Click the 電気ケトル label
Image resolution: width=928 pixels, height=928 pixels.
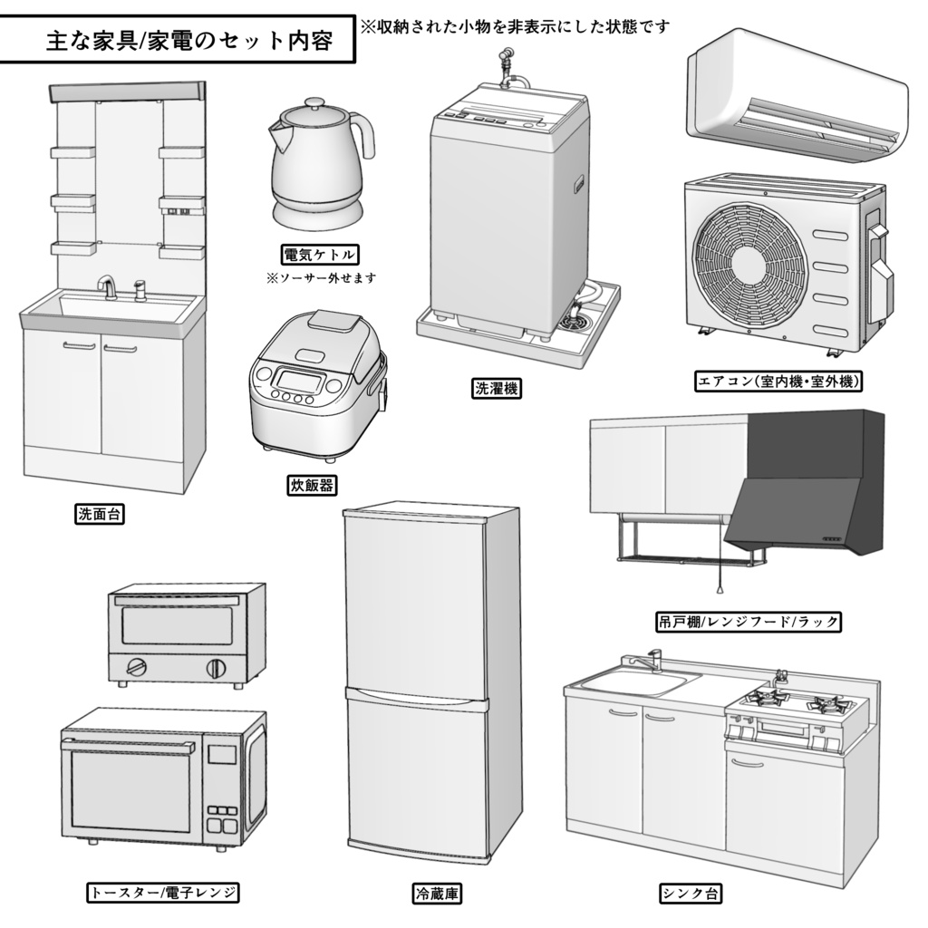point(320,254)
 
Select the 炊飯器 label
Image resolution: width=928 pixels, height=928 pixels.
point(312,486)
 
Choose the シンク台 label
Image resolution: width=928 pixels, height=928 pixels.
point(691,894)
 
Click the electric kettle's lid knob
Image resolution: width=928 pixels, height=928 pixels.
point(313,103)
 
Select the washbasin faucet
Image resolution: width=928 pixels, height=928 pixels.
point(107,285)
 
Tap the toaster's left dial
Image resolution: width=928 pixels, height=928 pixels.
point(136,668)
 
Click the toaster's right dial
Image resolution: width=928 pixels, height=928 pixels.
point(217,669)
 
